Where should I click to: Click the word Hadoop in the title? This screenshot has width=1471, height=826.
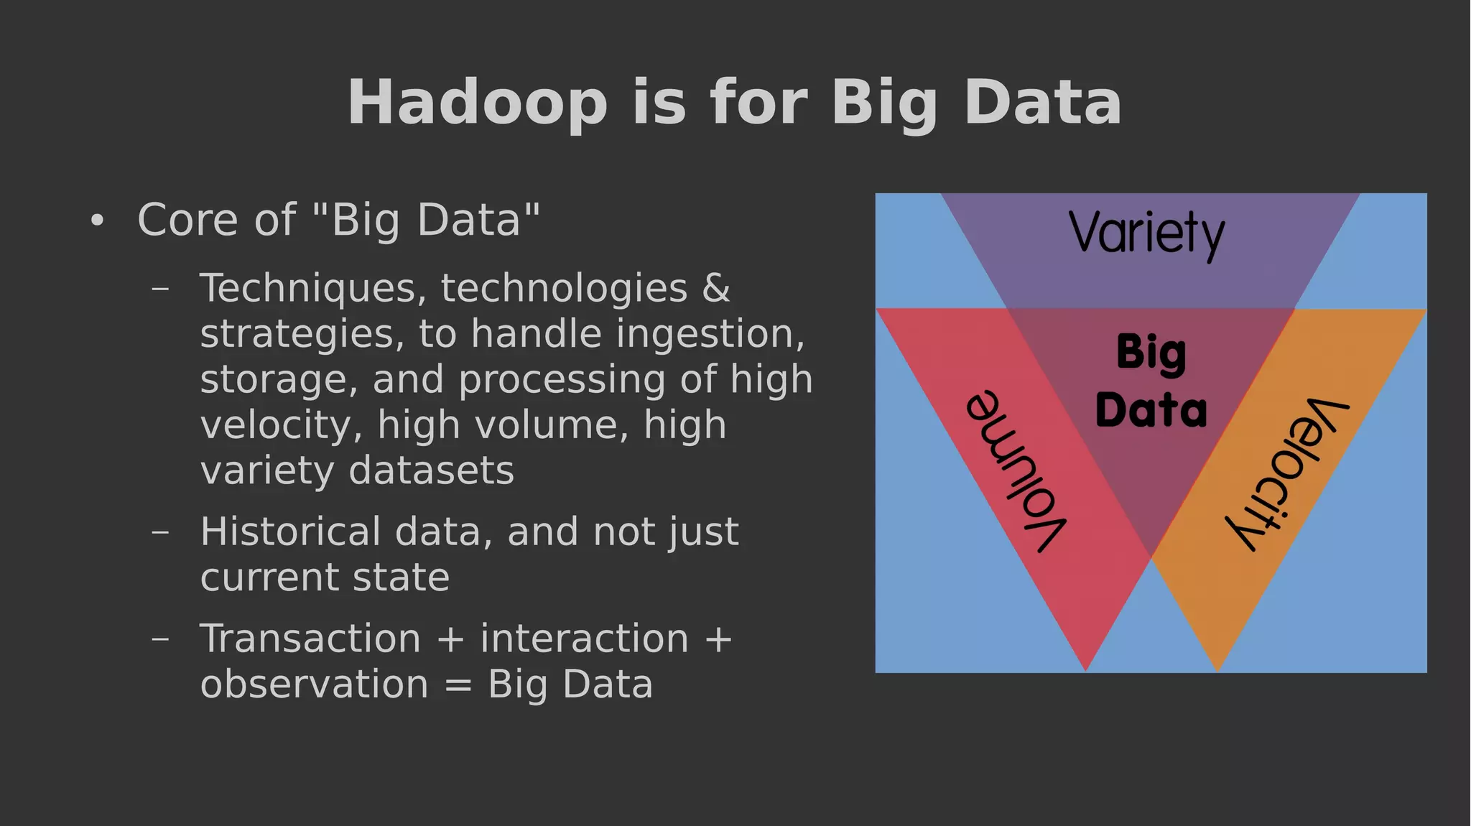(x=477, y=103)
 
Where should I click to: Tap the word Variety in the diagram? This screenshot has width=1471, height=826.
(x=1146, y=233)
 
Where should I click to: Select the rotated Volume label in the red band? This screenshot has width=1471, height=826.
(x=1016, y=471)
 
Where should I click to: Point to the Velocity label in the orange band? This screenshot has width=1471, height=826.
(x=1286, y=474)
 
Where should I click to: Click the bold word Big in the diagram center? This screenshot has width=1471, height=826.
(x=1151, y=353)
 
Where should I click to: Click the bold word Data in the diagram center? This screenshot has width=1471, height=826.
(x=1151, y=410)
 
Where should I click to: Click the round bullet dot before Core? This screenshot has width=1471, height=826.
(x=98, y=221)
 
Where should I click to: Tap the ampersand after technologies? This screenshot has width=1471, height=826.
(x=716, y=288)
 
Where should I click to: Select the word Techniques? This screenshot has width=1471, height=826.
(x=307, y=289)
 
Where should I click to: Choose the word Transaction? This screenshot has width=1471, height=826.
(x=310, y=639)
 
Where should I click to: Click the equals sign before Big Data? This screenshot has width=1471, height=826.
(x=458, y=685)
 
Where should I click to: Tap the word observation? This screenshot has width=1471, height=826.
(x=314, y=685)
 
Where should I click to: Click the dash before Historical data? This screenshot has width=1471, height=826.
(x=161, y=533)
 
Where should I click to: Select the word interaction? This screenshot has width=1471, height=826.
(x=584, y=639)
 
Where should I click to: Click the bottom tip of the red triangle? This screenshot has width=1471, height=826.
(x=1085, y=668)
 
